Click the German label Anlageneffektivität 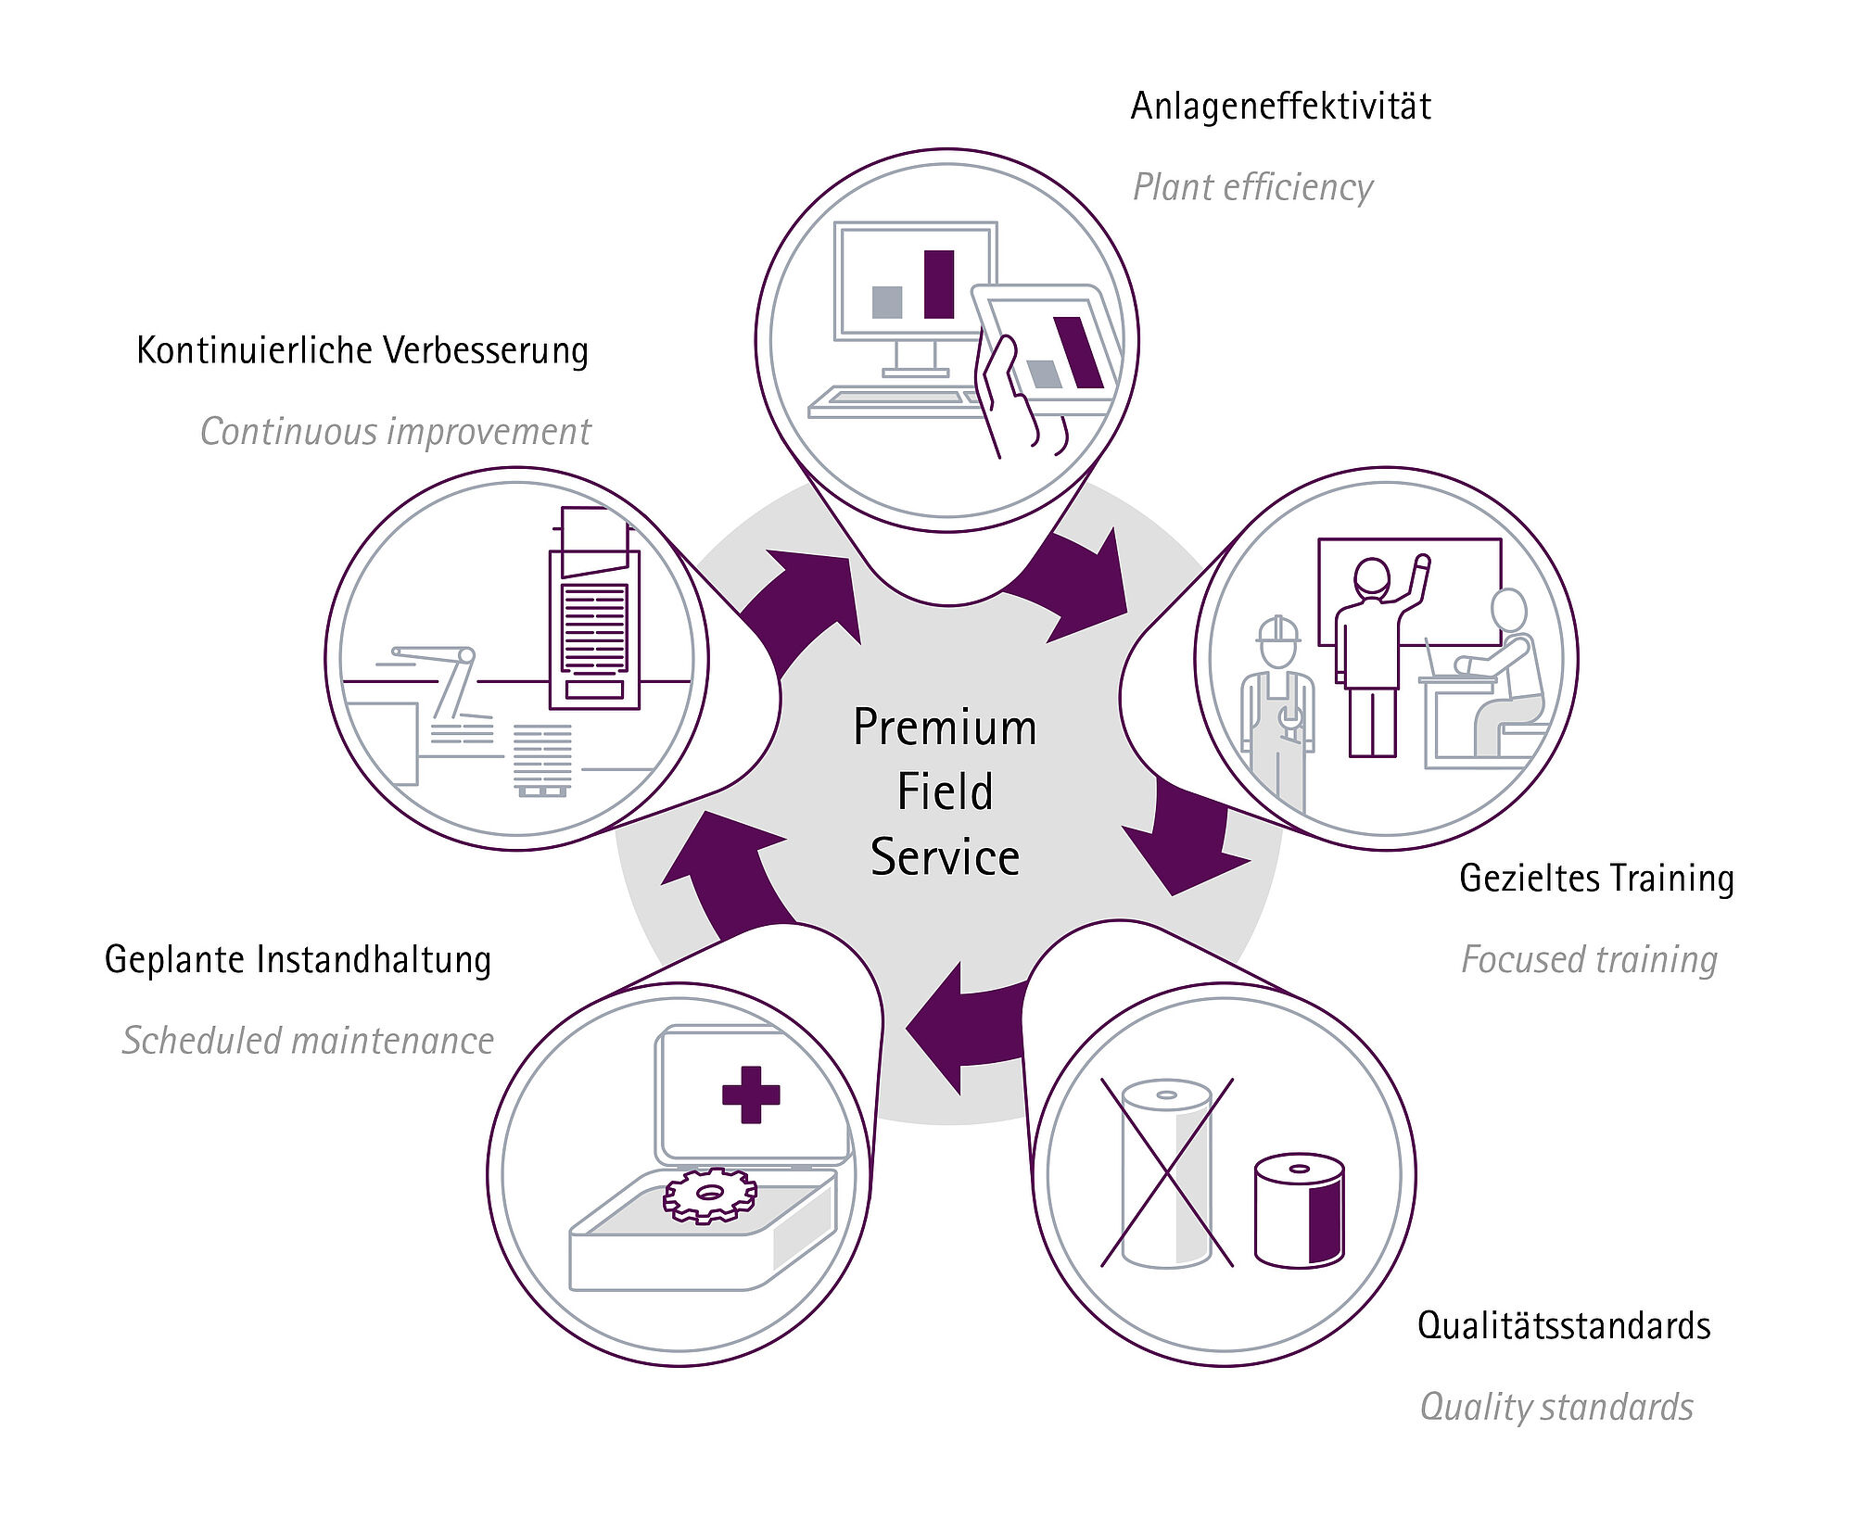(x=1280, y=107)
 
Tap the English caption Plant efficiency (x=1252, y=188)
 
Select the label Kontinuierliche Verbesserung (x=362, y=351)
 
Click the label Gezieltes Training (x=1596, y=879)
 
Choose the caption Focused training (x=1589, y=960)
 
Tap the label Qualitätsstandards (x=1564, y=1326)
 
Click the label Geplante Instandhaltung (x=298, y=960)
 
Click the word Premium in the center (x=945, y=728)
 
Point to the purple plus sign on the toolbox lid (x=751, y=1094)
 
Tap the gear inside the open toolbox (x=710, y=1196)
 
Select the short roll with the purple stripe (x=1299, y=1211)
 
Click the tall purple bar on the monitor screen (x=939, y=285)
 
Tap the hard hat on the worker (x=1278, y=631)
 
